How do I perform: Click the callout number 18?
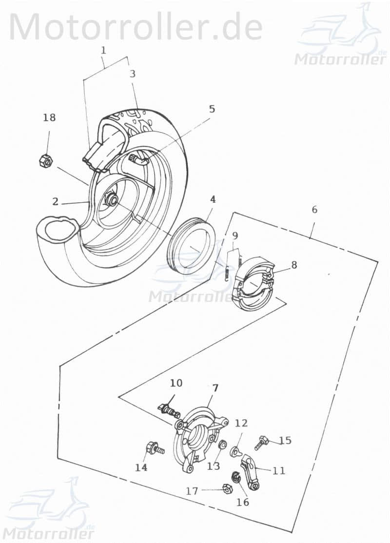49,117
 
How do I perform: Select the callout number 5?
212,109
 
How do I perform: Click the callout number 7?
215,388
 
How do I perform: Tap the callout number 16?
243,502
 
